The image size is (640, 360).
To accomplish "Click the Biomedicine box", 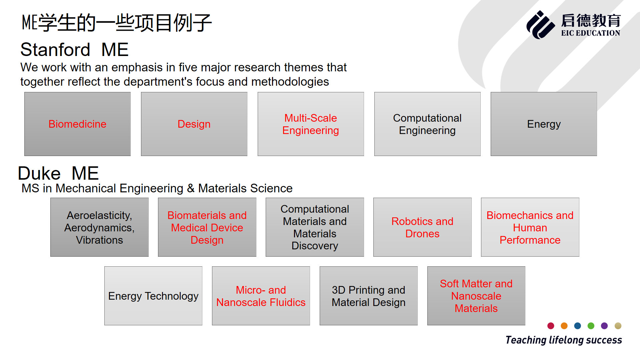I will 77,124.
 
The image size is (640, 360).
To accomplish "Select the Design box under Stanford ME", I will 194,124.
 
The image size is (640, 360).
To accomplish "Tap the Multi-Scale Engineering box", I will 311,124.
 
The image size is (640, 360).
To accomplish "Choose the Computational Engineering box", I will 427,124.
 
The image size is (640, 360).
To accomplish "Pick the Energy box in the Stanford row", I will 544,124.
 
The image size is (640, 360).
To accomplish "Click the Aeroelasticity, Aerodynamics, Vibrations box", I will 99,227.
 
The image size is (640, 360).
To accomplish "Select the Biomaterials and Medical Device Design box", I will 207,227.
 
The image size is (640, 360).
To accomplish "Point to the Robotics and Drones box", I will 422,227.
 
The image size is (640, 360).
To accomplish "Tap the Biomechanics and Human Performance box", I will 530,227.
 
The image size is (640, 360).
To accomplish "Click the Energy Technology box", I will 153,296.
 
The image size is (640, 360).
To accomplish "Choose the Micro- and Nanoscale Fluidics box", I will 261,296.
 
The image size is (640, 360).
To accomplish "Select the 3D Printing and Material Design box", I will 369,296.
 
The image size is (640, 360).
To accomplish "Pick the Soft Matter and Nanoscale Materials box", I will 476,296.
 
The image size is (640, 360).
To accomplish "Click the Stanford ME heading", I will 74,50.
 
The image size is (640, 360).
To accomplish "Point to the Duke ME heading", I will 58,173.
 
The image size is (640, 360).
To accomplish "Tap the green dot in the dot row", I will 591,326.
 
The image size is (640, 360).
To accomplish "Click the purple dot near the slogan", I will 604,326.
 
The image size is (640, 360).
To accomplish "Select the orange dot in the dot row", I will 564,326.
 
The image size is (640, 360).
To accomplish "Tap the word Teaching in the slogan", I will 526,340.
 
